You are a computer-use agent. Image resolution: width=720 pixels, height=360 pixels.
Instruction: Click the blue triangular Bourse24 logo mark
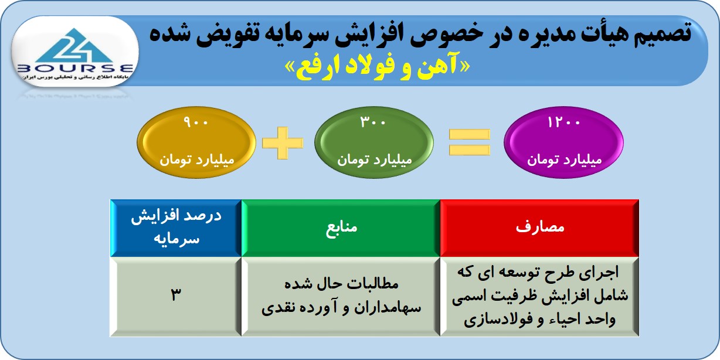tap(74, 46)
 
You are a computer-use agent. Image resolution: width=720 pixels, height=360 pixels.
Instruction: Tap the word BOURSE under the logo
tap(75, 69)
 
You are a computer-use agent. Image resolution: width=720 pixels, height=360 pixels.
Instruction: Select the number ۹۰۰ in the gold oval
tap(196, 122)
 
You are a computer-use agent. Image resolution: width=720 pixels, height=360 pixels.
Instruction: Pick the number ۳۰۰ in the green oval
tap(373, 122)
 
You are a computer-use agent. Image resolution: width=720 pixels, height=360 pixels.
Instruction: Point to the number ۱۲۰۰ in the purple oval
tap(564, 122)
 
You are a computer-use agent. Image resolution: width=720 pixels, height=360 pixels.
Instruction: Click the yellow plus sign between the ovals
tap(283, 142)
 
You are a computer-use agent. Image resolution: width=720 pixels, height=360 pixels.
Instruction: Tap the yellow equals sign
tap(470, 142)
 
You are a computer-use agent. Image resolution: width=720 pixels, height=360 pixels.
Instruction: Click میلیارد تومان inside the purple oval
tap(564, 159)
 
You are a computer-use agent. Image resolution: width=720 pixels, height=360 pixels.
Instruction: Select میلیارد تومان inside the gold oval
tap(197, 159)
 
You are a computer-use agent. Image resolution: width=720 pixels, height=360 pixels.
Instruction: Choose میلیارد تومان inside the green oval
tap(375, 159)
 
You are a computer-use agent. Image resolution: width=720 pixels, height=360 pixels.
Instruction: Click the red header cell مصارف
tap(539, 228)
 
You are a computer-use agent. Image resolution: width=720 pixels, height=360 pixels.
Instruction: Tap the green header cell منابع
tap(341, 228)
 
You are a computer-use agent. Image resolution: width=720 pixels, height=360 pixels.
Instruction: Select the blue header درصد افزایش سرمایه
tap(176, 228)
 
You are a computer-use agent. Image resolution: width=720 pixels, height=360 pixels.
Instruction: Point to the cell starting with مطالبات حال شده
tap(341, 296)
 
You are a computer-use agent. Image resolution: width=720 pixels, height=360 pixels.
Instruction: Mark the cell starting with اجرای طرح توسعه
tap(539, 296)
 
